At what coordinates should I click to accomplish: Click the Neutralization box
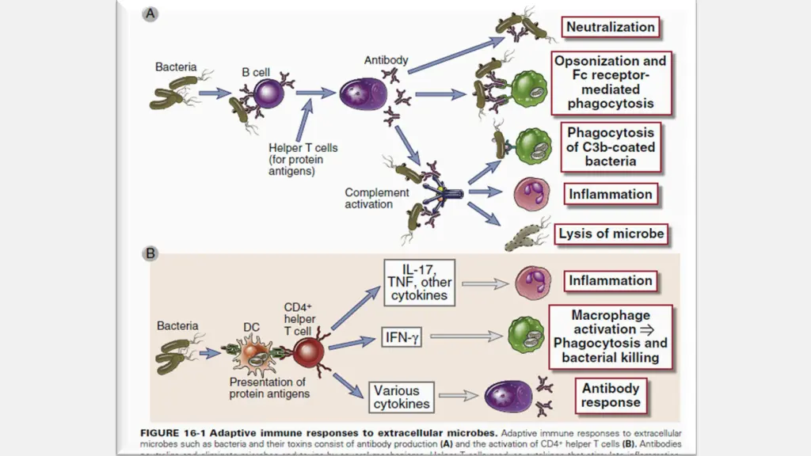[611, 27]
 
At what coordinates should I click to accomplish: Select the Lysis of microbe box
[611, 234]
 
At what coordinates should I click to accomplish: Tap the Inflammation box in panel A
[611, 194]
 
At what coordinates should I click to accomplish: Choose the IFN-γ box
[401, 338]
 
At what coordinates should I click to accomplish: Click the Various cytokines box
[402, 397]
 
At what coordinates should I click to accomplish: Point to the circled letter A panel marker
[149, 13]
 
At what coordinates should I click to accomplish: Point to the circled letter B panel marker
[149, 254]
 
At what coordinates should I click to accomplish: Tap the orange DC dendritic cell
[255, 355]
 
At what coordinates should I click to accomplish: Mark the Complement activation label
[377, 198]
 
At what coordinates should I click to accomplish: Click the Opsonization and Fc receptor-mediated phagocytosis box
[611, 82]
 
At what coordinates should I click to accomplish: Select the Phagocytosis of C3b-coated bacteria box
[611, 147]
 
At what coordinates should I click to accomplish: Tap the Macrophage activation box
[611, 336]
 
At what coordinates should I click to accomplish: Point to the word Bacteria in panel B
[177, 325]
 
